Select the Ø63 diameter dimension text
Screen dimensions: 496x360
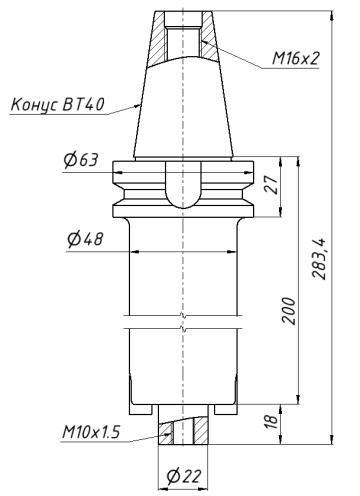coord(80,161)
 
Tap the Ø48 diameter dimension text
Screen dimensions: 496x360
coord(87,239)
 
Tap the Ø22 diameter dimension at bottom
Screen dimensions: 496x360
coord(183,474)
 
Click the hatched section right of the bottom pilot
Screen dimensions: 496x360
coord(201,430)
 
